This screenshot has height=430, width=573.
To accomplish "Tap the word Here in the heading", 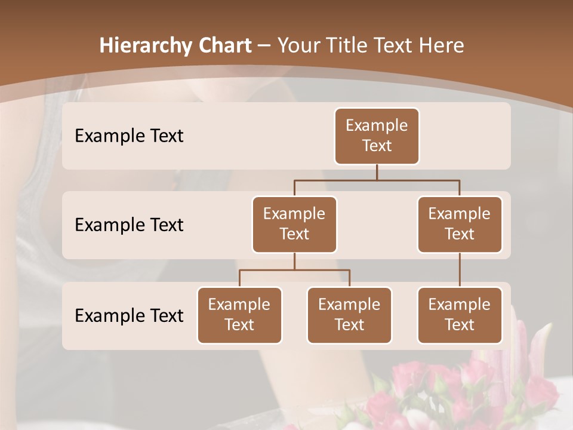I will (441, 45).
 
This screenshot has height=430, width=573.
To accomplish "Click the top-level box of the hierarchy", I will (377, 136).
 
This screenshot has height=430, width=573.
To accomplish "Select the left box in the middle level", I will (294, 224).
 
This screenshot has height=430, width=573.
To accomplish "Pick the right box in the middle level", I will (460, 224).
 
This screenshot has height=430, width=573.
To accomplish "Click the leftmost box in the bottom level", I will (239, 315).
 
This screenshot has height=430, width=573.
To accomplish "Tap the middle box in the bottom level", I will (349, 315).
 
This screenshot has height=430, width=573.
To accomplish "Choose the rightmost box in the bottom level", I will (460, 315).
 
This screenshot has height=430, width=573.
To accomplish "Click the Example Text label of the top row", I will (129, 136).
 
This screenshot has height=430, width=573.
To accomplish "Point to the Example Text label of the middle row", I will (129, 225).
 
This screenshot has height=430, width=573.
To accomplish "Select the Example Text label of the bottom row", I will (129, 315).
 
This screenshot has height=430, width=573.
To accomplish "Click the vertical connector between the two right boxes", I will (460, 269).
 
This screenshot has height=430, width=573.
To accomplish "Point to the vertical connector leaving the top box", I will (377, 172).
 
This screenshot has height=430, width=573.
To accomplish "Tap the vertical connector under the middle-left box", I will (294, 261).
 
